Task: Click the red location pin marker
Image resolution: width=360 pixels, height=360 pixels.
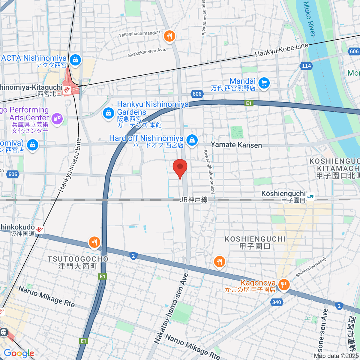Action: click(180, 167)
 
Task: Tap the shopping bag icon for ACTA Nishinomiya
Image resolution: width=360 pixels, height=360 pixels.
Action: click(75, 60)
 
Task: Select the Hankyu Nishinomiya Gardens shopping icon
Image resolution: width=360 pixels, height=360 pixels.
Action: click(108, 113)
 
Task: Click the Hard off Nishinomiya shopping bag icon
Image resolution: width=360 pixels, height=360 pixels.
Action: click(192, 140)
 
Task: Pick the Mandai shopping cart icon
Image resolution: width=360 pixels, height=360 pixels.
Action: click(264, 83)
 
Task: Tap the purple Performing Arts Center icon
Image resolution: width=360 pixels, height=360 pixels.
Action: click(56, 118)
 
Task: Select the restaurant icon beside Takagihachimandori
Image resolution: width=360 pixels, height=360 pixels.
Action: click(169, 37)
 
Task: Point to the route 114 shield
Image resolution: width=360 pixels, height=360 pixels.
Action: click(306, 66)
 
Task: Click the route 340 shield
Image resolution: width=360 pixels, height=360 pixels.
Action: click(276, 302)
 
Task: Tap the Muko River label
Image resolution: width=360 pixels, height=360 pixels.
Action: click(310, 19)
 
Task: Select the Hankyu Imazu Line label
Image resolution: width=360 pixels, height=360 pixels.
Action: click(70, 165)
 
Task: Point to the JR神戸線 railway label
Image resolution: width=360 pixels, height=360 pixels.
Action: click(194, 200)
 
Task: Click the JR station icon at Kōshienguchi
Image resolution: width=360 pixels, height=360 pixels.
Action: click(310, 197)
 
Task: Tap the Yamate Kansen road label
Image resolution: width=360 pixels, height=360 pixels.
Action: click(236, 145)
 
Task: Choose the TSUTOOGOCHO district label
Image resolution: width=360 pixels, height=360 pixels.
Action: click(78, 259)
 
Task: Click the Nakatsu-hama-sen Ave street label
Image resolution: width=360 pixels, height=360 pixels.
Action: click(171, 309)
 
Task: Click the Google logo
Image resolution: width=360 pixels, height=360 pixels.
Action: click(19, 353)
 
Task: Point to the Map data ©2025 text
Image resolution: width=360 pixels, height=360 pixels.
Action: click(336, 356)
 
